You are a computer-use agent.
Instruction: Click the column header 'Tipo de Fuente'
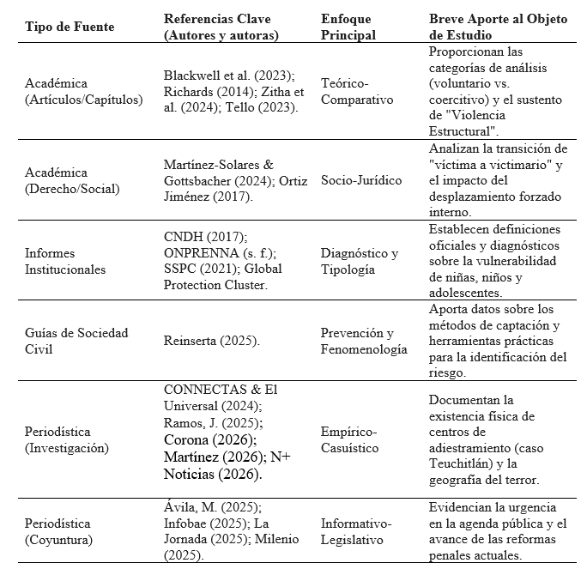click(70, 27)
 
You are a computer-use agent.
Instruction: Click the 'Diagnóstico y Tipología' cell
click(360, 261)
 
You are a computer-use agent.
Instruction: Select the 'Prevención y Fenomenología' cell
click(364, 341)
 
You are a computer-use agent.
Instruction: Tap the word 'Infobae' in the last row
click(185, 523)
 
